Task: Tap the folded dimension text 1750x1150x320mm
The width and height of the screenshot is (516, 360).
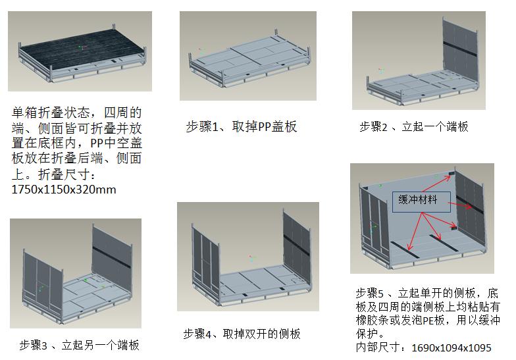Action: [64, 190]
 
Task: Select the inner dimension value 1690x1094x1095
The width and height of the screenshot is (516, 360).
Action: [451, 347]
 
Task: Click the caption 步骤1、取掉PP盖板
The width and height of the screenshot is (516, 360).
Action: [241, 126]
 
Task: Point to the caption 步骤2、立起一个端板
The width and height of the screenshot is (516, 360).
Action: [413, 126]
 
